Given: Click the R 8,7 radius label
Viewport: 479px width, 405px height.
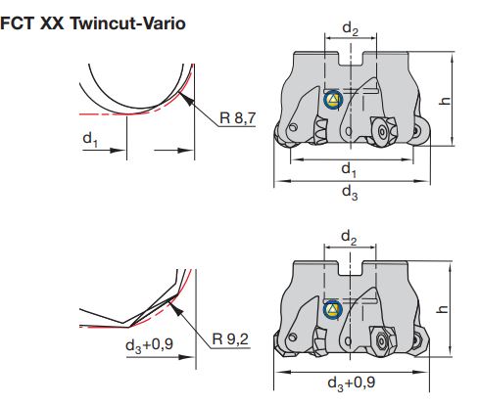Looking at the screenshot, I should [x=238, y=117].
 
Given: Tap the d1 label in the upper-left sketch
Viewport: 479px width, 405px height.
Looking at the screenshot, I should [x=90, y=140].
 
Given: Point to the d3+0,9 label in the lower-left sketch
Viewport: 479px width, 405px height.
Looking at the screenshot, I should [x=148, y=346].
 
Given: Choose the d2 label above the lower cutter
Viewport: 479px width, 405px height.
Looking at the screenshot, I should [x=349, y=237].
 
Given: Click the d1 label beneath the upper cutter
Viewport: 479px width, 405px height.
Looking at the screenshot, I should [x=348, y=169].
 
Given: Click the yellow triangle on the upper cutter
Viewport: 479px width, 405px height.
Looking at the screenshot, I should [x=333, y=100].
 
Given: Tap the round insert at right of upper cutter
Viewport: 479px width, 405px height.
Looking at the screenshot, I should [x=380, y=130].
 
